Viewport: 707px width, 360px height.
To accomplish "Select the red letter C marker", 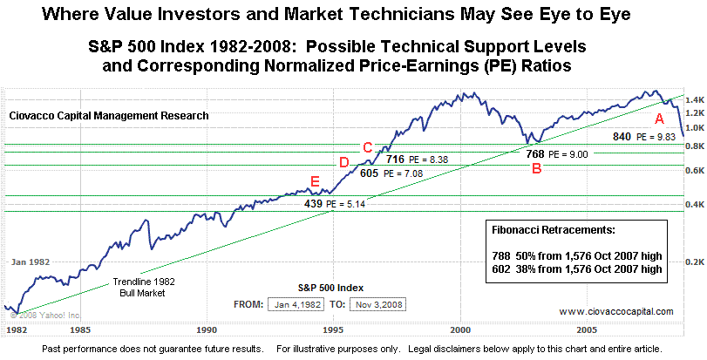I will click(x=367, y=147).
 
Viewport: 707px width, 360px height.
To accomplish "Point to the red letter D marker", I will click(x=343, y=162).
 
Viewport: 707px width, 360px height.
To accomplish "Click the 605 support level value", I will click(x=370, y=174).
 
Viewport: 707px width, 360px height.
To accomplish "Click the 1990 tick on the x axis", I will click(x=207, y=330).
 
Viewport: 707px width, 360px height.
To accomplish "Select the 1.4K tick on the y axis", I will click(x=695, y=99).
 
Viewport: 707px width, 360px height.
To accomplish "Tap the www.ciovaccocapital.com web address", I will click(x=616, y=311).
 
